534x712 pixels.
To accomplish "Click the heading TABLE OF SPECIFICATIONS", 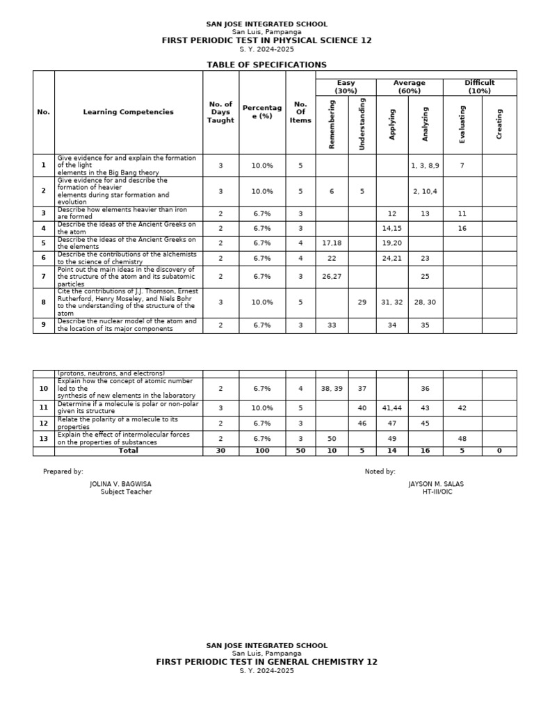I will click(266, 65).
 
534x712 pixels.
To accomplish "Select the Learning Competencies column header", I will click(128, 112).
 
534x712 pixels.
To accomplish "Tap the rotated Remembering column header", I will click(332, 124).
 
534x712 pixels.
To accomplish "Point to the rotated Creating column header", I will click(499, 124).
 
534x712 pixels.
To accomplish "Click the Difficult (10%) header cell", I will click(479, 87).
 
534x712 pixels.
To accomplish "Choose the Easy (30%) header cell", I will click(346, 87).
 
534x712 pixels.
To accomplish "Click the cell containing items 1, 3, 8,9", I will click(425, 165).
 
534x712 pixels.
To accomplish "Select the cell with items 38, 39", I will click(332, 389).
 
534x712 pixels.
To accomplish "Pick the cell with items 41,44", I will click(392, 408).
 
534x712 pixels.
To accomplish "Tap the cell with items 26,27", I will click(332, 276).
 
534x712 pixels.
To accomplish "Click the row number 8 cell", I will click(43, 302).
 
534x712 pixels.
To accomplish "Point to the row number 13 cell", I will click(43, 439).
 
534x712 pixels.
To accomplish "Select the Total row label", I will click(129, 451).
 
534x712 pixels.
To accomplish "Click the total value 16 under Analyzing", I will click(425, 451).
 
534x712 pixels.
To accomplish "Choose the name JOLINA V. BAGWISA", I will click(120, 484).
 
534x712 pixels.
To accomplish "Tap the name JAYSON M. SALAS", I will click(436, 484).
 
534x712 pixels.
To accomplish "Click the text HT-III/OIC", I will click(437, 492).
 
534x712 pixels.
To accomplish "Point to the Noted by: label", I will click(380, 471).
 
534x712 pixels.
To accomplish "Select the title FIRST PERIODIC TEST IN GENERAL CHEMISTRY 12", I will click(266, 662).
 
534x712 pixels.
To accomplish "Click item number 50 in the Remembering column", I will click(332, 439).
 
